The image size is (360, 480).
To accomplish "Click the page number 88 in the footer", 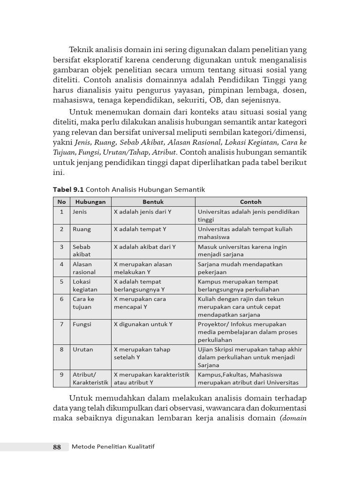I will (x=57, y=447).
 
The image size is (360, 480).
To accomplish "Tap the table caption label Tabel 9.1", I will (x=68, y=189).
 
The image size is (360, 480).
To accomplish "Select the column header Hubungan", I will (x=90, y=202).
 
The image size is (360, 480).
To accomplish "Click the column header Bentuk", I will (x=153, y=202).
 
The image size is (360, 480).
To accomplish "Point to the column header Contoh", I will (x=251, y=202).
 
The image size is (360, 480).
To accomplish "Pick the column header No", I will (x=61, y=202).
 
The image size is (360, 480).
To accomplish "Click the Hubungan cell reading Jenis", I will (x=80, y=211).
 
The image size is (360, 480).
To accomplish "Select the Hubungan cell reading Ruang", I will (x=82, y=229).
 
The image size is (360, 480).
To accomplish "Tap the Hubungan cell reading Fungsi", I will (x=82, y=324).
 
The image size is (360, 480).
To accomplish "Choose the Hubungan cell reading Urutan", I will (x=83, y=349).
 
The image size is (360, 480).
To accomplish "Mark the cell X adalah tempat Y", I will (x=140, y=229).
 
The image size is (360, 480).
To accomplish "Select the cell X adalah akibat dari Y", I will (x=145, y=247).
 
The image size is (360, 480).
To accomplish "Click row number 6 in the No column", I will (x=61, y=299).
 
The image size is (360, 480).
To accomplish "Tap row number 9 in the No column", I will (x=61, y=375).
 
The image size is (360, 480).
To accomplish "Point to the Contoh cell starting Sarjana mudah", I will (x=240, y=268).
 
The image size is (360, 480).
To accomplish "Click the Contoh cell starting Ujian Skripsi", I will (x=250, y=357).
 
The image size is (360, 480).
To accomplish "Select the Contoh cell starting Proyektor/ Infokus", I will (x=247, y=332).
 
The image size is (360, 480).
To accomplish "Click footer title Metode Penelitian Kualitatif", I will (x=113, y=447).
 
